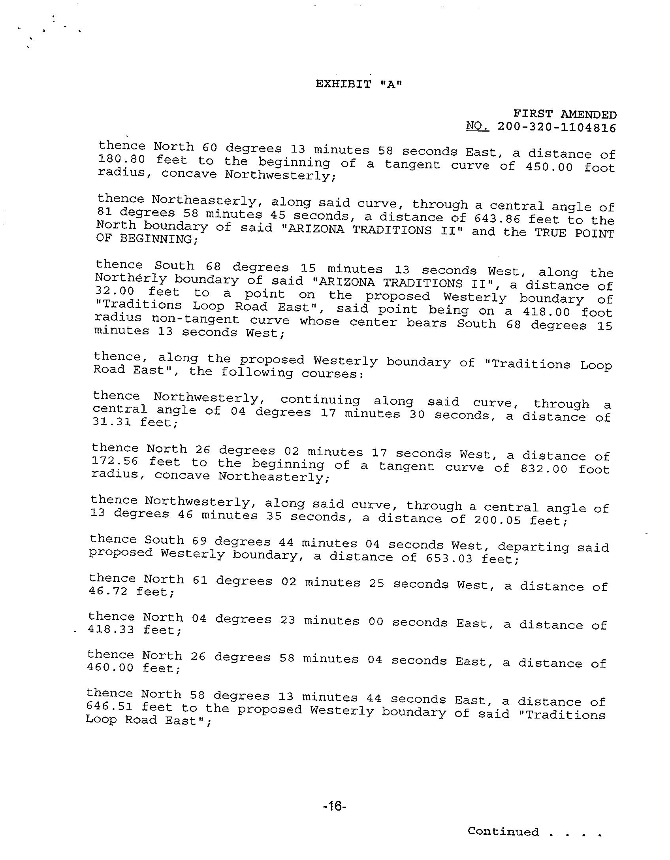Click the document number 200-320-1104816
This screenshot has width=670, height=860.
[557, 128]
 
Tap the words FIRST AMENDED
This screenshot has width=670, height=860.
[565, 115]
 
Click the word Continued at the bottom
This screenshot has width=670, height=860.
[503, 832]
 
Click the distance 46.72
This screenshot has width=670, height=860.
[108, 591]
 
